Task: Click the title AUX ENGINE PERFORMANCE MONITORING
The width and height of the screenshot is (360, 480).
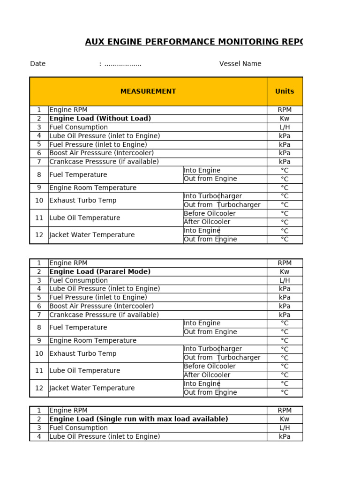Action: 194,42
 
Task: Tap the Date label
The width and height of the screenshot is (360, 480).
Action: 37,64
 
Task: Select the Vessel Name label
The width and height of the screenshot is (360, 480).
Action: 240,64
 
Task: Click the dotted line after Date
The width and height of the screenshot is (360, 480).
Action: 122,64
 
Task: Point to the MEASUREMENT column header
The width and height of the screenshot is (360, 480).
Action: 148,91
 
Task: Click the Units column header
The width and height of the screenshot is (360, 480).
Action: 285,91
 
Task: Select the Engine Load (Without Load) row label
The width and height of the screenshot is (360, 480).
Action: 100,119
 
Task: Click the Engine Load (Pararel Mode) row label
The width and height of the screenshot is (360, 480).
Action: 100,272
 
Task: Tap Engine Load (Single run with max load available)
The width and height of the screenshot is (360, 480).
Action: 139,419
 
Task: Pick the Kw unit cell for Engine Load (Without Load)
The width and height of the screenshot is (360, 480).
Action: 285,119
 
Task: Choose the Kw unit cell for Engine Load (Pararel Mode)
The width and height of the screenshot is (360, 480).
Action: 285,272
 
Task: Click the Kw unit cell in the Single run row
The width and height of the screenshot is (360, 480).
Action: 285,419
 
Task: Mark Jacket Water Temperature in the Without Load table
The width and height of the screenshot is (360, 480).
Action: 92,235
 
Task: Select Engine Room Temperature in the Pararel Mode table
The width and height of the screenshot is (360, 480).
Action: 93,341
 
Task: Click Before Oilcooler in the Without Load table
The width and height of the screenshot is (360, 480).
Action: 210,213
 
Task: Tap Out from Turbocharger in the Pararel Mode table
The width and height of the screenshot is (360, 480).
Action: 222,358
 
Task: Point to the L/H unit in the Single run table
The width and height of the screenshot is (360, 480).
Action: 285,427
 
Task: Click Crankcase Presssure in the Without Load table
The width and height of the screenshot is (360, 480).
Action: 104,162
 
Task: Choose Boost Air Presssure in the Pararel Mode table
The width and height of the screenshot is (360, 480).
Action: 101,306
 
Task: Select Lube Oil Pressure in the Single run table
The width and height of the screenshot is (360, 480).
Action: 105,436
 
